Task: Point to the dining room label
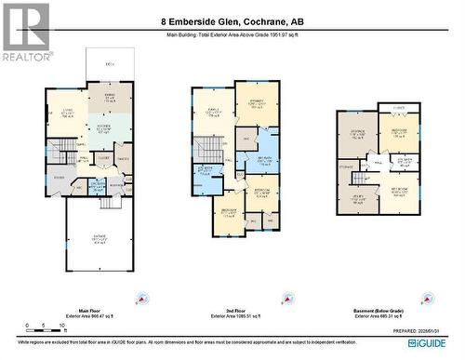[110, 96]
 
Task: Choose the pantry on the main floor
[124, 160]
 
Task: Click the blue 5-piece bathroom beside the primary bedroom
[264, 157]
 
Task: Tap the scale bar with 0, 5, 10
[44, 328]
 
